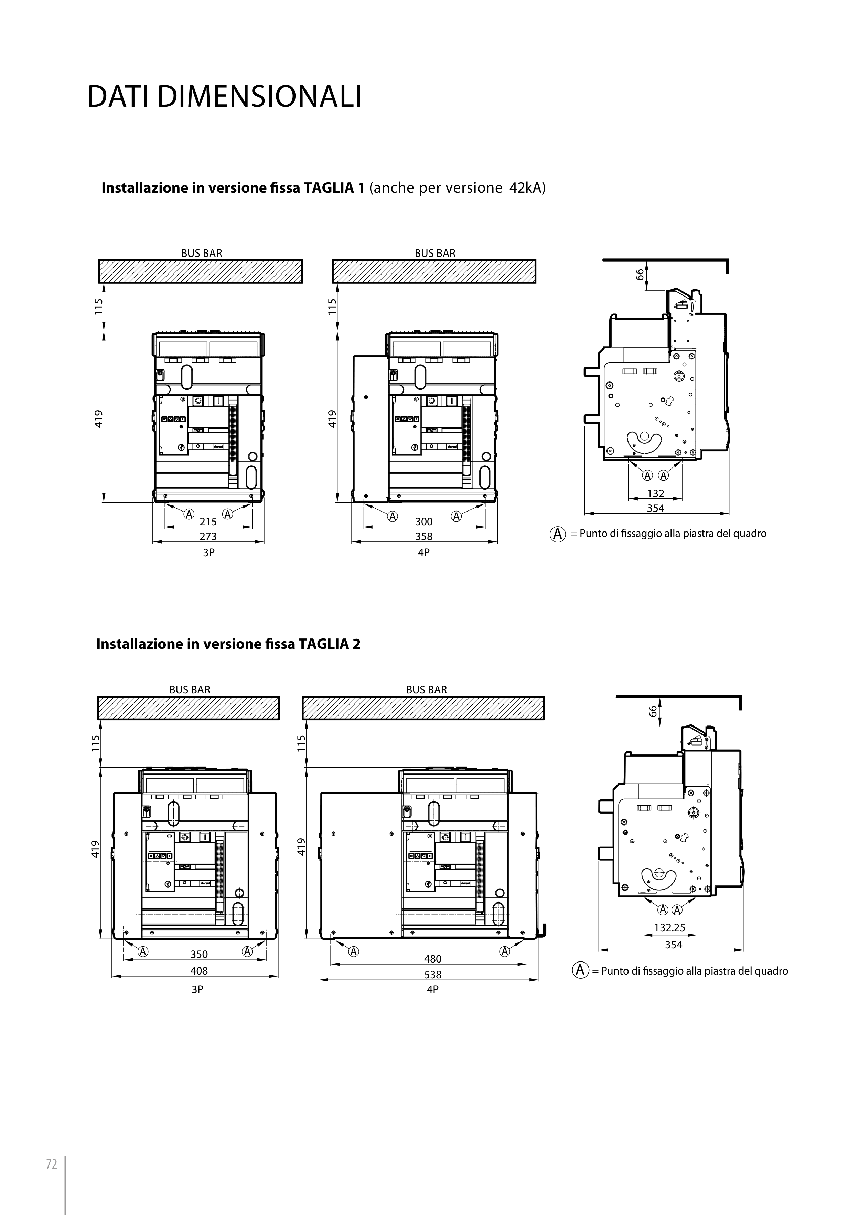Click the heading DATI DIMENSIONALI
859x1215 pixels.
(224, 97)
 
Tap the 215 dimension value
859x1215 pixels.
(208, 522)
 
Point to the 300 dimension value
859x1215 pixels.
(424, 522)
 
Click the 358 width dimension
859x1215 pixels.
(424, 537)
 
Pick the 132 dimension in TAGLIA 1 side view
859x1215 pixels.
(655, 493)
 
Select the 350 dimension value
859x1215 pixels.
(199, 955)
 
